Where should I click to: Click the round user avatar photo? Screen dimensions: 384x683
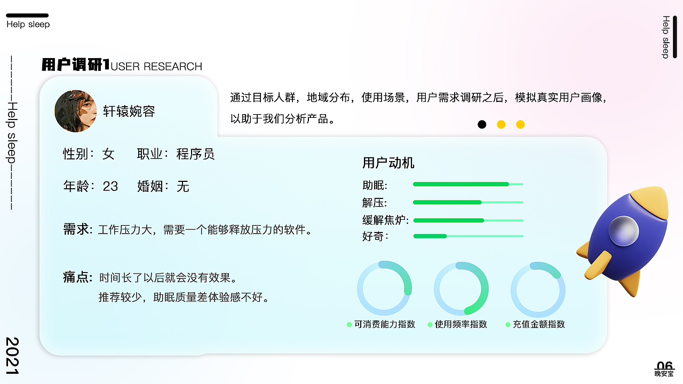point(75,111)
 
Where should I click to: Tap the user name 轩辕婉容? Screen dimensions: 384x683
point(129,111)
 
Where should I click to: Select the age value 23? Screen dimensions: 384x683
point(110,186)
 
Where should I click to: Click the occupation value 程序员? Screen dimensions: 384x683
point(195,154)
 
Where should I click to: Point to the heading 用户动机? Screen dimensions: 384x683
point(388,163)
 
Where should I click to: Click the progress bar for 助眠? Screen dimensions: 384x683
point(467,184)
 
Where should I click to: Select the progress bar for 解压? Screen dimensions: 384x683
point(467,202)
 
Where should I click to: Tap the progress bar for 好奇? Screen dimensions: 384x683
point(467,236)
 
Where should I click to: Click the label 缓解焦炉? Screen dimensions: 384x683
point(385,220)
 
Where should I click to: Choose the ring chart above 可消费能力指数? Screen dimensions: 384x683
point(384,288)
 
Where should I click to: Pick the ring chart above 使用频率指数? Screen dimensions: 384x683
point(461,288)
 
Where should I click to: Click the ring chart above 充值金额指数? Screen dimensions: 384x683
point(538,288)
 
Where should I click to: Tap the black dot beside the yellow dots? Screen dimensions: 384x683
point(482,124)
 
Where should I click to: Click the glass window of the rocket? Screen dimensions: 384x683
point(624,230)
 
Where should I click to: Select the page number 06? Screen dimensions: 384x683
point(665,365)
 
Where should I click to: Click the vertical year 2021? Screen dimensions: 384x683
point(12,356)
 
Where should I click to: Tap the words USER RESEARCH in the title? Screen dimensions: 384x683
point(156,67)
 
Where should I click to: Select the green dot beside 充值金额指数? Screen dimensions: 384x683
point(508,324)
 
